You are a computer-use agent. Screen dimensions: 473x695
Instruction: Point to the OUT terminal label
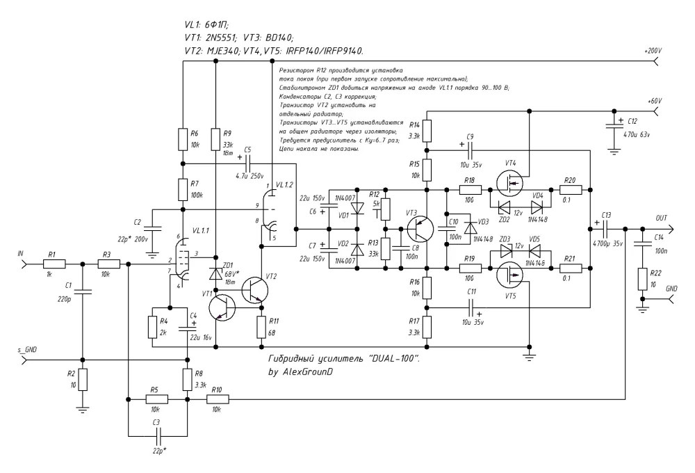click(660, 218)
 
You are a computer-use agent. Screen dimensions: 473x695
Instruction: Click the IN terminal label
click(20, 256)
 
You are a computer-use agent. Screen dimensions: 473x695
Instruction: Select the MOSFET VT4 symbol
click(511, 184)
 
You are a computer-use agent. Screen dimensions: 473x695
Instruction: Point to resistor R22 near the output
click(644, 281)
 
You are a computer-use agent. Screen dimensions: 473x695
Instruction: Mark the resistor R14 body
click(428, 129)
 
